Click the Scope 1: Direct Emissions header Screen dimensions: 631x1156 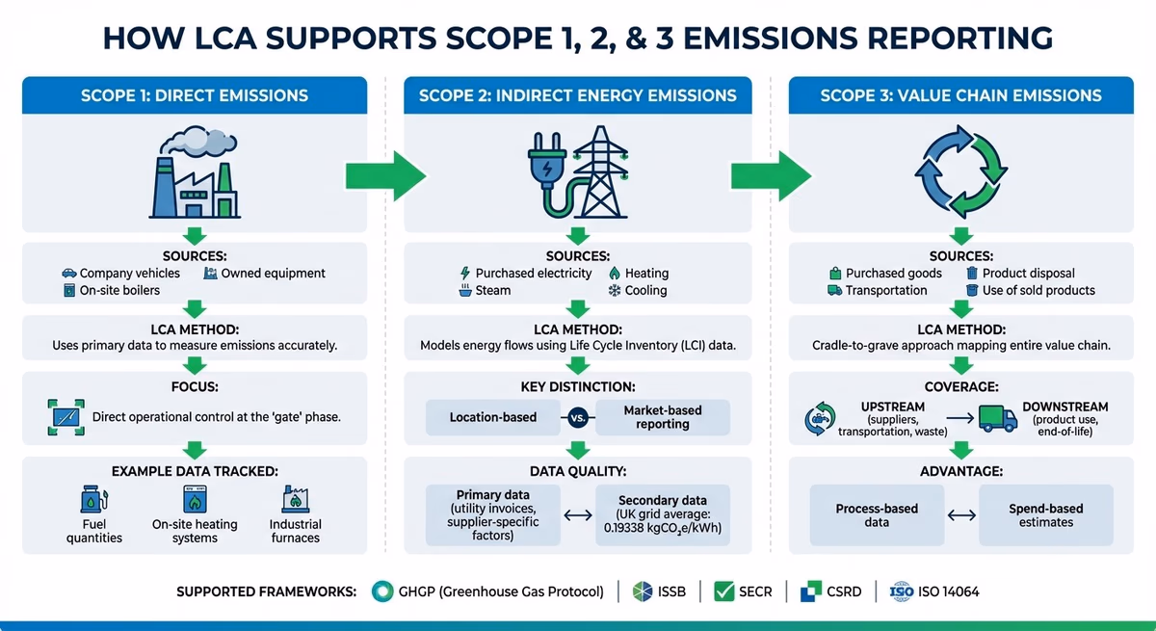[x=195, y=95]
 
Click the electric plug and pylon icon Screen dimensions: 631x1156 [x=577, y=173]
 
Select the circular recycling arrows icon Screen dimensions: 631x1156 [x=959, y=173]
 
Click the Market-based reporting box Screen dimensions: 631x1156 [x=663, y=417]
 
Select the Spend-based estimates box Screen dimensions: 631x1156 [x=1045, y=515]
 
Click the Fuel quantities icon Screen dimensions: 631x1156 [x=93, y=500]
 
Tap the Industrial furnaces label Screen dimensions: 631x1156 [x=295, y=531]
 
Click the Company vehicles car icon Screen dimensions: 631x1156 [x=68, y=274]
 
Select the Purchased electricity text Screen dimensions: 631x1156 [x=534, y=274]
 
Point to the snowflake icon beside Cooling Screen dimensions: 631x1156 [x=614, y=290]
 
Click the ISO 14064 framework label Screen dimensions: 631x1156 [x=948, y=592]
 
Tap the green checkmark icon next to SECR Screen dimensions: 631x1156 [x=725, y=592]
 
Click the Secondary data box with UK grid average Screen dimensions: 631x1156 [x=662, y=514]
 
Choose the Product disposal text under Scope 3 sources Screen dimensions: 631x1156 [x=1028, y=274]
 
